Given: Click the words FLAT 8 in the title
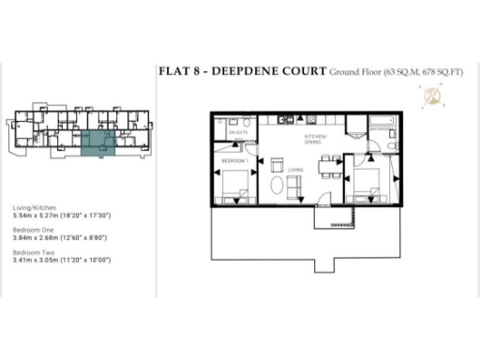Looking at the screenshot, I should pyautogui.click(x=176, y=71).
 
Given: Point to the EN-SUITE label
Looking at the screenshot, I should pyautogui.click(x=238, y=134).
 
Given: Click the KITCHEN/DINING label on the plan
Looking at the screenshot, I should pyautogui.click(x=315, y=141).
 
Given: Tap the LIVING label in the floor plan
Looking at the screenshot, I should pyautogui.click(x=296, y=169).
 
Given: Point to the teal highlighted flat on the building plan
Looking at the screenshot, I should pyautogui.click(x=95, y=143).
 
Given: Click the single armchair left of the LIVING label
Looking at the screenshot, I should pyautogui.click(x=277, y=166).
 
